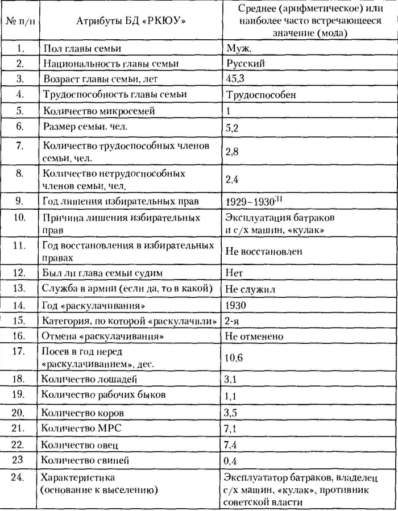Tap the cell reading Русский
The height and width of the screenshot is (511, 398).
point(245,64)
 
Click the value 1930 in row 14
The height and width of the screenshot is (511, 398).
point(235,305)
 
